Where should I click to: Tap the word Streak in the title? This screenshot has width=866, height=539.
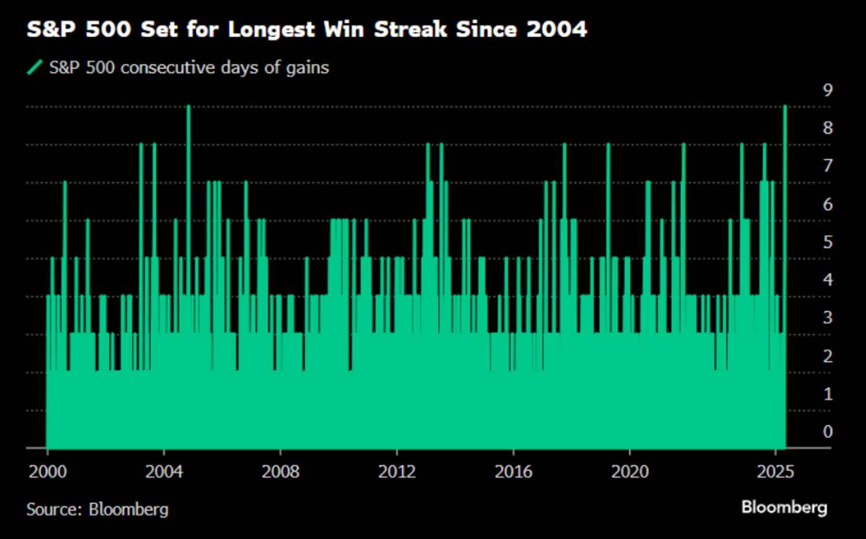tap(410, 29)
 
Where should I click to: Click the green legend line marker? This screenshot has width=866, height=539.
tap(35, 68)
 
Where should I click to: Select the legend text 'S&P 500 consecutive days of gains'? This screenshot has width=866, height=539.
tap(189, 68)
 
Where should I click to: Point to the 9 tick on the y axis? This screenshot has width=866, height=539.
tap(828, 90)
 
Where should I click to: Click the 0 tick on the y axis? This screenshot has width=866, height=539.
tap(828, 432)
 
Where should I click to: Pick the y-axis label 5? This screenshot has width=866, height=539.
tap(828, 242)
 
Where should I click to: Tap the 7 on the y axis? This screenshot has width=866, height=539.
tap(828, 166)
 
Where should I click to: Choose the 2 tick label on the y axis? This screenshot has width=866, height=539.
tap(828, 356)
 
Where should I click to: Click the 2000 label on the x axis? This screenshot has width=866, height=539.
tap(47, 471)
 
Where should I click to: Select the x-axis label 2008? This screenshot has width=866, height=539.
tap(280, 471)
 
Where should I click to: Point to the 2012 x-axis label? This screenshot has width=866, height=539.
tap(397, 471)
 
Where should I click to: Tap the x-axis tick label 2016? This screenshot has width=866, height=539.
tap(513, 471)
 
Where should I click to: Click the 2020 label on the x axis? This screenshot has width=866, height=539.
tap(630, 471)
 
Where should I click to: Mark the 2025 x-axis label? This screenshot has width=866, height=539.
tap(775, 471)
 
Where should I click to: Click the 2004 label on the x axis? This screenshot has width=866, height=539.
tap(164, 471)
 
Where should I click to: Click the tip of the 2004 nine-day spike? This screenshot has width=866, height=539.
tap(188, 107)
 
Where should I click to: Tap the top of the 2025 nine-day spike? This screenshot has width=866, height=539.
tap(785, 107)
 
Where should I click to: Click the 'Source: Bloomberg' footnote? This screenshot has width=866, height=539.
tap(97, 509)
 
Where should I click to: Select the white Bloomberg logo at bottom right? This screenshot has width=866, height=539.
tap(784, 507)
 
